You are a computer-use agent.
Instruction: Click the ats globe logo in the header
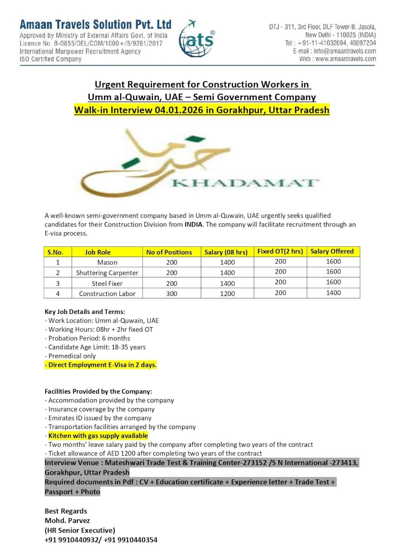[x=196, y=39]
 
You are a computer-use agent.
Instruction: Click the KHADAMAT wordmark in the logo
[x=245, y=182]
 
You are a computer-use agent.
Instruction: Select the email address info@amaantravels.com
[x=345, y=51]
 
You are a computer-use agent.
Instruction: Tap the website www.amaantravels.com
[x=346, y=59]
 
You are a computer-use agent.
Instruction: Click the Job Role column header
[x=98, y=252]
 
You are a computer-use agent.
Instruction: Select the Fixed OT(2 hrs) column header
[x=280, y=251]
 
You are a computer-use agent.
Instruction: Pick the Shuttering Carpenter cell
[x=107, y=273]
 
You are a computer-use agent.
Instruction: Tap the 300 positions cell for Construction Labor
[x=172, y=294]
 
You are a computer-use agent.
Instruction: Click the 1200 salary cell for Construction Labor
[x=227, y=294]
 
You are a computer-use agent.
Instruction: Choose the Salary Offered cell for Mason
[x=333, y=262]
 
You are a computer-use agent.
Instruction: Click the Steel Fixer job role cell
[x=107, y=284]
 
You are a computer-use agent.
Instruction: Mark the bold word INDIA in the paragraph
[x=193, y=225]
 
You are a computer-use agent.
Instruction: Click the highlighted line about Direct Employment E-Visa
[x=101, y=365]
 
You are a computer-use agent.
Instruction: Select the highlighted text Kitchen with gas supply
[x=98, y=436]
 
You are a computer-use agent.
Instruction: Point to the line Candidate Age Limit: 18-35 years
[x=95, y=347]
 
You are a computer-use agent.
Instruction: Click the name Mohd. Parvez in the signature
[x=67, y=521]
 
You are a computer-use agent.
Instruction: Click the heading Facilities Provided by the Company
[x=98, y=391]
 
